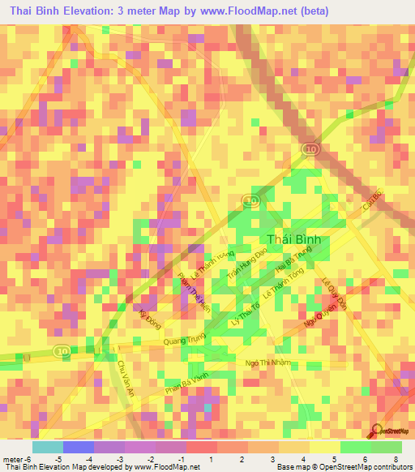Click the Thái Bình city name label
pyautogui.click(x=294, y=239)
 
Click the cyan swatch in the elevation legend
pyautogui.click(x=48, y=447)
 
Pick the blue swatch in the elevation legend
pyautogui.click(x=79, y=447)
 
